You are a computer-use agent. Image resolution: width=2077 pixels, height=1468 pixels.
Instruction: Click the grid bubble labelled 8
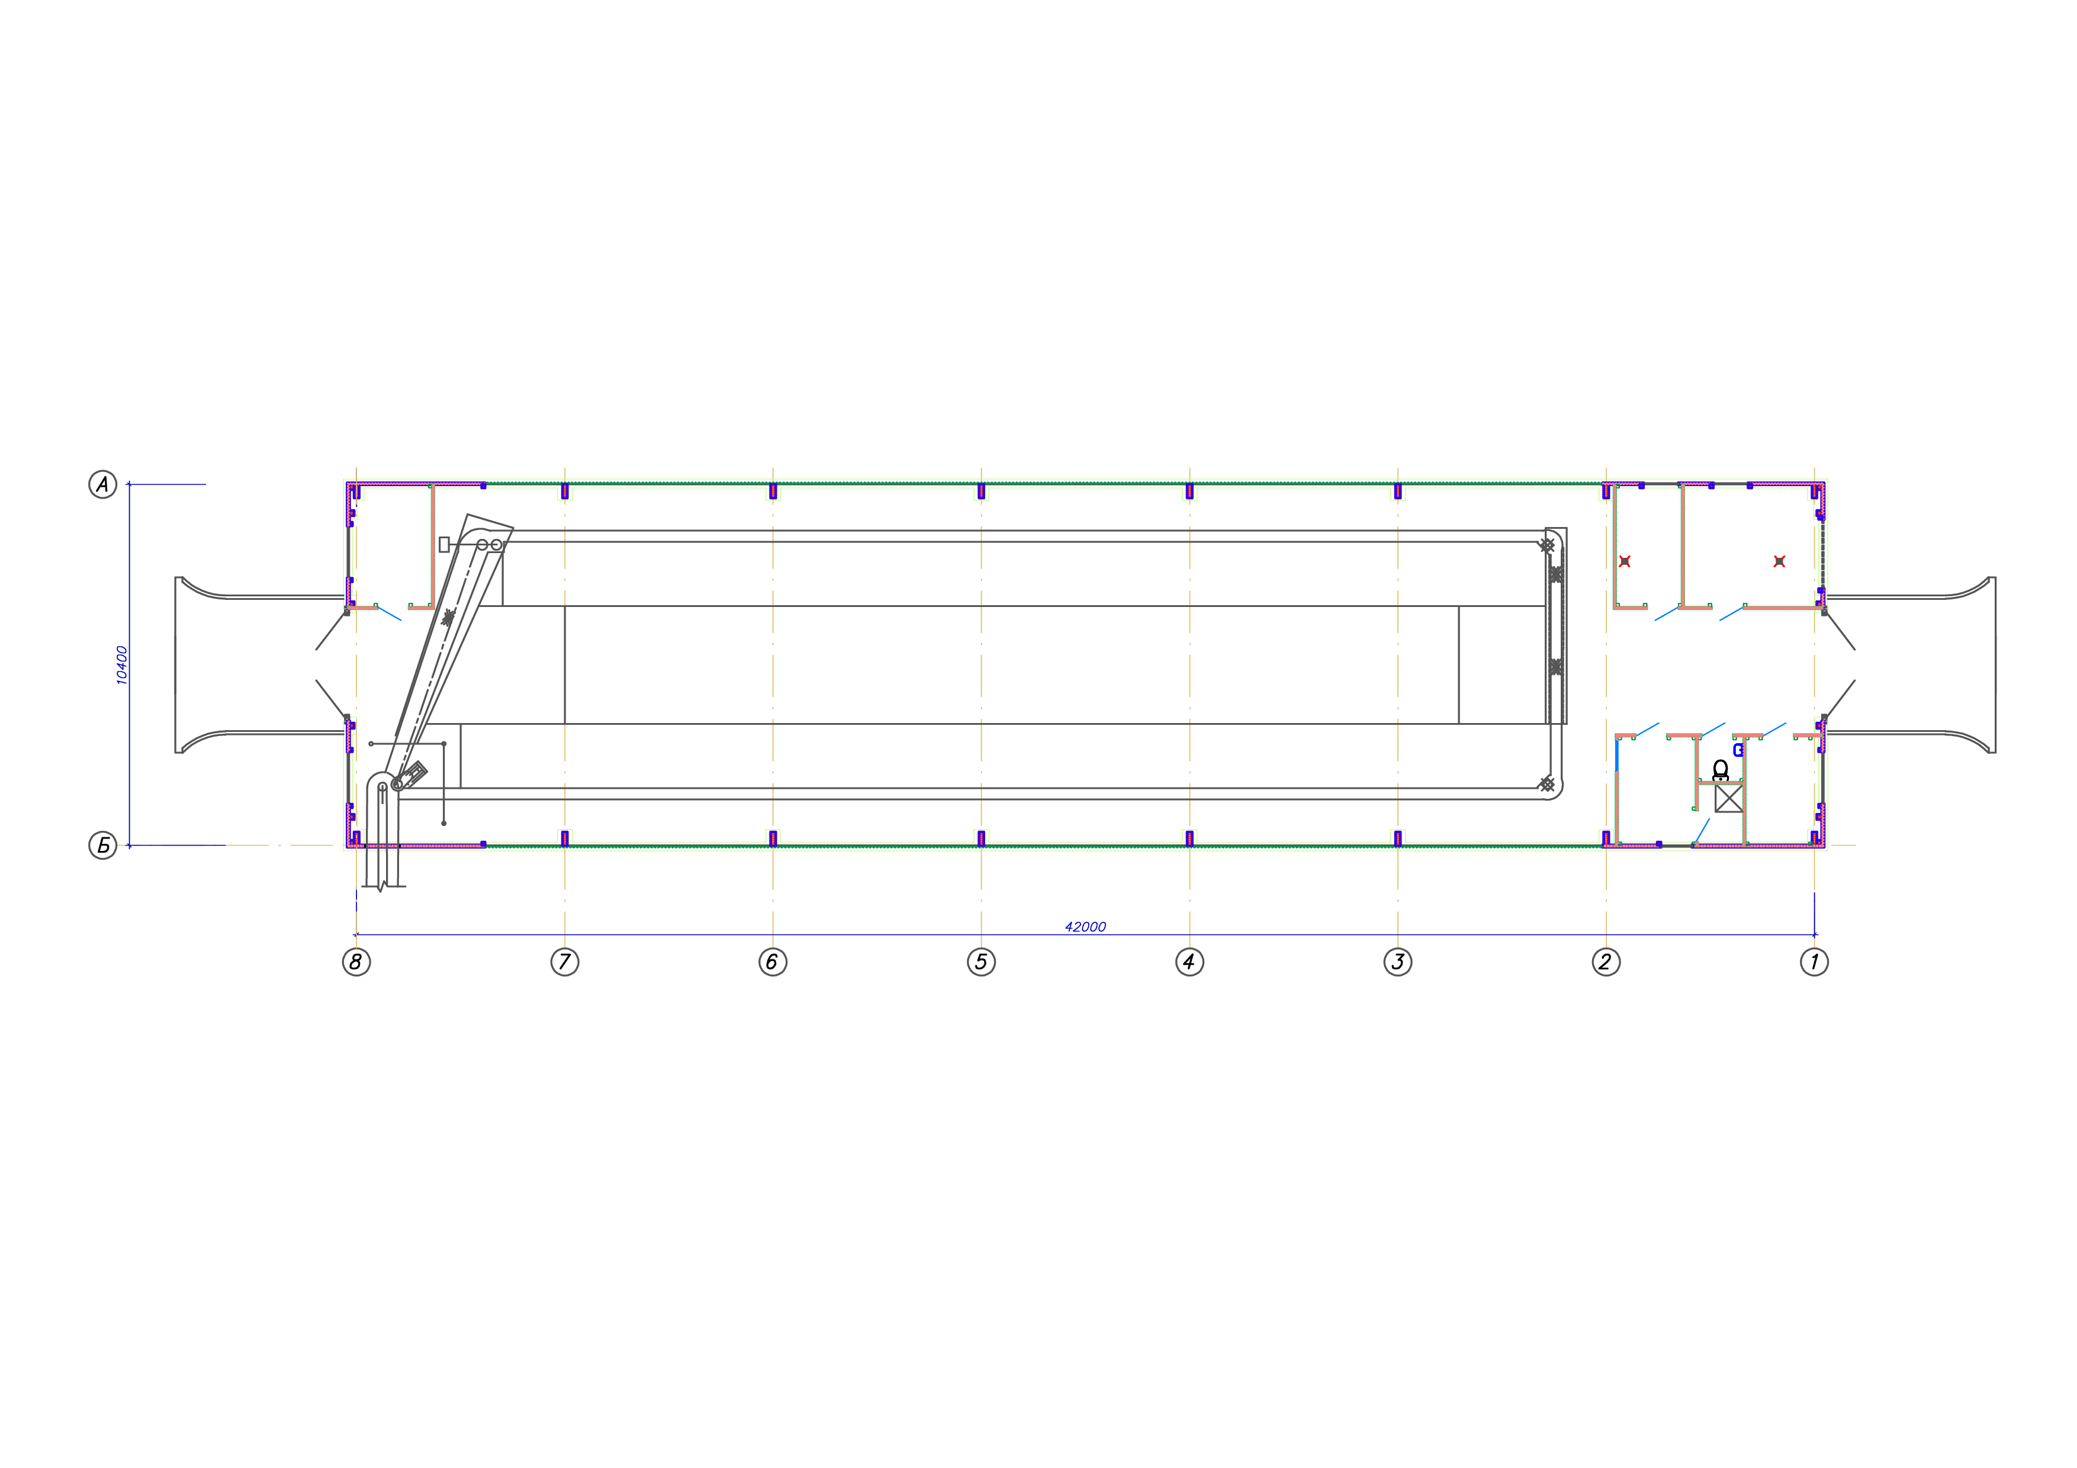click(356, 962)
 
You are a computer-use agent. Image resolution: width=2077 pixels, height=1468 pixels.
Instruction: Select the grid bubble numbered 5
click(982, 962)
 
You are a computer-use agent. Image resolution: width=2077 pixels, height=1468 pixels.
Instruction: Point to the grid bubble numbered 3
click(1398, 962)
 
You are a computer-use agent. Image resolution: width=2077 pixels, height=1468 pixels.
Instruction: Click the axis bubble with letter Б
click(103, 846)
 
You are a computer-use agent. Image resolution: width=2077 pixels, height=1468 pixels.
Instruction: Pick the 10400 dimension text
click(122, 665)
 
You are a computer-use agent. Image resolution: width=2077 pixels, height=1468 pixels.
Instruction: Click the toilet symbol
click(1721, 770)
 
